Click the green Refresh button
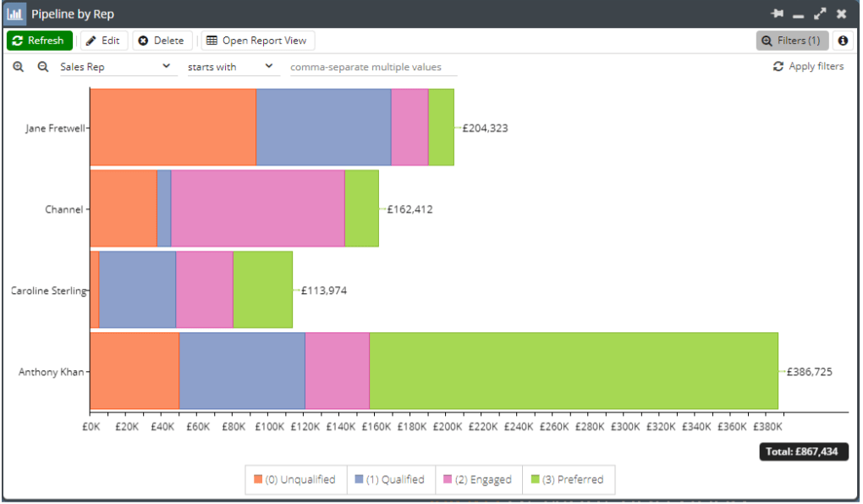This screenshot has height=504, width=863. pos(39,41)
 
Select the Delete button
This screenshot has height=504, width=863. pos(161,41)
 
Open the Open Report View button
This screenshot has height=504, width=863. pos(257,41)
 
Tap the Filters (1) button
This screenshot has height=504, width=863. pos(791,41)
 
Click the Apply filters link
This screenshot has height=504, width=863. pos(808,66)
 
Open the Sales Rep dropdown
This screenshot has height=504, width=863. pos(116,67)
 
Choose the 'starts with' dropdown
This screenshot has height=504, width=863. pos(231,67)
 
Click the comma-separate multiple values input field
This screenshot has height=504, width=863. pos(373,67)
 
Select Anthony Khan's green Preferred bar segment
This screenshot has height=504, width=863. pos(573,371)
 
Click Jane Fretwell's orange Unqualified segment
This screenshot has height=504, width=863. pos(173,127)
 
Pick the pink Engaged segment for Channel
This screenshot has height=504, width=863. pos(257,208)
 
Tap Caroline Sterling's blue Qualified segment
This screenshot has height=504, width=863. pos(137,290)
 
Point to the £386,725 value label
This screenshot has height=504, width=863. pos(809,372)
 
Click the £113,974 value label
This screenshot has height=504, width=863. pos(323,291)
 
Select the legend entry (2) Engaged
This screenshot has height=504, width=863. pos(478,479)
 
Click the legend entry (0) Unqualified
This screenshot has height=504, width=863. pos(294,479)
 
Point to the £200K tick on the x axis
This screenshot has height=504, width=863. pos(447,428)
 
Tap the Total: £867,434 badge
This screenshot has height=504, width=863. pos(801,451)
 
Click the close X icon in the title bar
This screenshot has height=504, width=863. pos(840,14)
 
